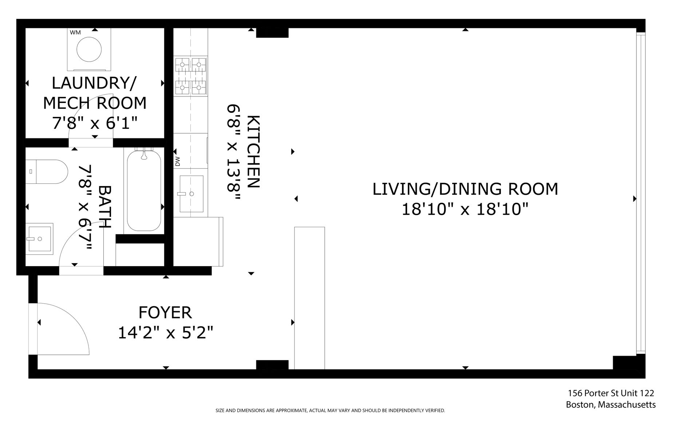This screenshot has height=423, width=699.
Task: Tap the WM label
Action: [x=75, y=32]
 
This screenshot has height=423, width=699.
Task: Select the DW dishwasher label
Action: [x=178, y=161]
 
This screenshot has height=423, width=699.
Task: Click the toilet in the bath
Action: [x=47, y=172]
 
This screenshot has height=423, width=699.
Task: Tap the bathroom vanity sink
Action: [x=39, y=239]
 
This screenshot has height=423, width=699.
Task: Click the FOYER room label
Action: [x=165, y=313]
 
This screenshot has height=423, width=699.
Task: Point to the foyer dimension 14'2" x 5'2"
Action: [x=165, y=332]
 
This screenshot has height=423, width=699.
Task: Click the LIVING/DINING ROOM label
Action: [x=465, y=189]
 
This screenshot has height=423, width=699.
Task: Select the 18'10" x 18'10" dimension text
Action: [x=465, y=209]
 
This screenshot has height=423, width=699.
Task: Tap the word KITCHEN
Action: [x=253, y=151]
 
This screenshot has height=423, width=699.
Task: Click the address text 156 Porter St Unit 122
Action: [x=611, y=393]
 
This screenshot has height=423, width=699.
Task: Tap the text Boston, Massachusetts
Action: [x=611, y=405]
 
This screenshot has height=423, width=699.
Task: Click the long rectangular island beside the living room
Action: [x=309, y=298]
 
